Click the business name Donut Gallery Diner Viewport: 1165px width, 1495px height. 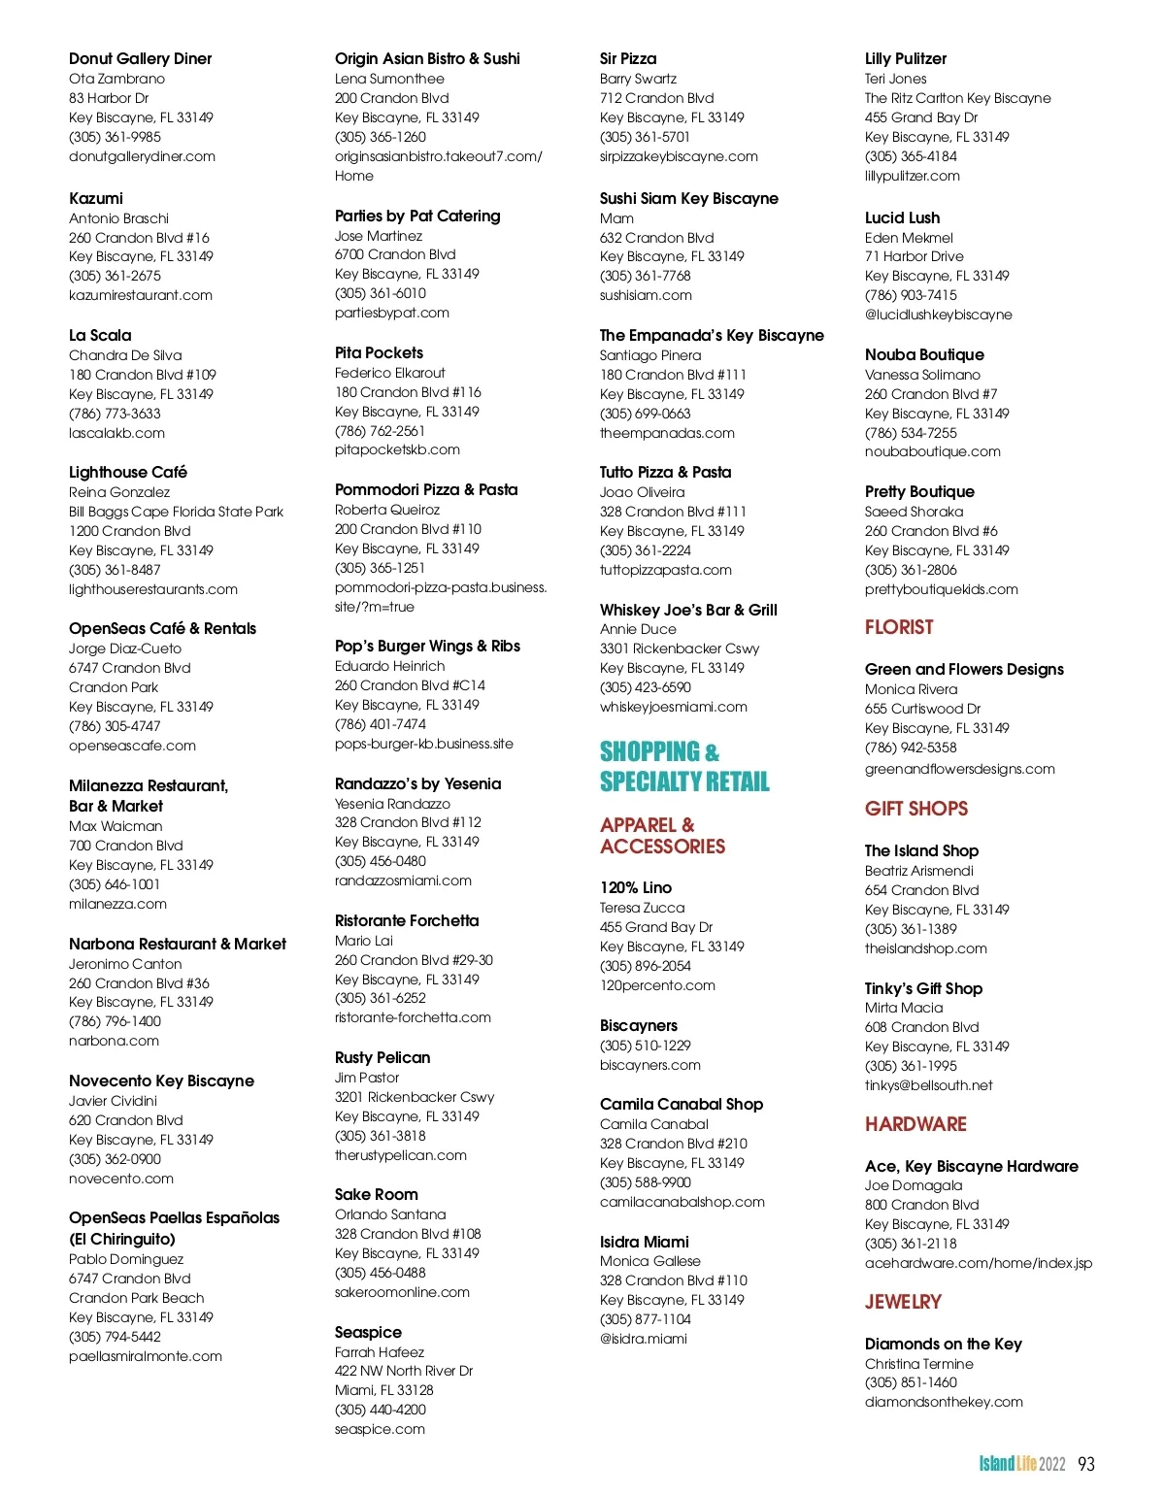140,58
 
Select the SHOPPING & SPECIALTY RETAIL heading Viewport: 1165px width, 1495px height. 683,766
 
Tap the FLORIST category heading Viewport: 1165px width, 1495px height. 899,627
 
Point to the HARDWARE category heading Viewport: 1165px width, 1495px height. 915,1124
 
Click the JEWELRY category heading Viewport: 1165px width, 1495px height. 903,1302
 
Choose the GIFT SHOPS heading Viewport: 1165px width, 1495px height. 916,809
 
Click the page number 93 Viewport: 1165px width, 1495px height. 1086,1464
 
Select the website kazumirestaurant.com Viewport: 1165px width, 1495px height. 140,295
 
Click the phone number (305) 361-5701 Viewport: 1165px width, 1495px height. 645,137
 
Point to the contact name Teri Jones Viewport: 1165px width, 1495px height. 895,79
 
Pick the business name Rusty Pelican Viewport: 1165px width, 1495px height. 383,1057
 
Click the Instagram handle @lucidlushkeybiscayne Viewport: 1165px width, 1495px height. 938,315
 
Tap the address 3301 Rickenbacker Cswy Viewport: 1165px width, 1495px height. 680,648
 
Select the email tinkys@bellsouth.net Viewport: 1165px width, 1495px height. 928,1085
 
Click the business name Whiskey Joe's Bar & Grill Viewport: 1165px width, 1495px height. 688,610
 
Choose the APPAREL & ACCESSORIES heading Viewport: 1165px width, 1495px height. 662,835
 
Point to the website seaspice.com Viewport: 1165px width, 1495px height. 380,1429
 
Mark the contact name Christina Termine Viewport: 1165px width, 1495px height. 918,1363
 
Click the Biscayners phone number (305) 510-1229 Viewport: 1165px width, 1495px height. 645,1046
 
